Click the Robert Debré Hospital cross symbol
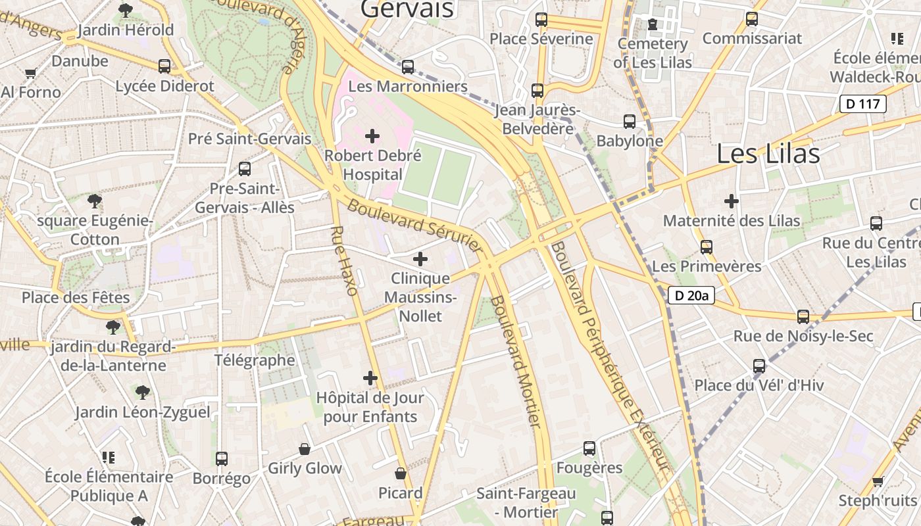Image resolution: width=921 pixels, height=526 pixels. (372, 136)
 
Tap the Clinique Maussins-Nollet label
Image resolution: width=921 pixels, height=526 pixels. (421, 297)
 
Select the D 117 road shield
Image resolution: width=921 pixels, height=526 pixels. (862, 104)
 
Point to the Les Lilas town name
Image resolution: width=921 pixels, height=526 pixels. (768, 154)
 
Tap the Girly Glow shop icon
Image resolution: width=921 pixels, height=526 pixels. (305, 449)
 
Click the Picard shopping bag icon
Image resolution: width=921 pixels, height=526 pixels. (400, 473)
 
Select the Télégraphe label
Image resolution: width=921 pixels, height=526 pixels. (255, 360)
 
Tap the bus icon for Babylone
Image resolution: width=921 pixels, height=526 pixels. (630, 122)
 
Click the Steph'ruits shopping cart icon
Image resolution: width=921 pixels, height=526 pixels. (878, 482)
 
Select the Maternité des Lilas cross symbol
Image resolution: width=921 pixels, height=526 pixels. (731, 201)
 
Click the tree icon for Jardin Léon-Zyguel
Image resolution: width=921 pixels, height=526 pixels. (142, 393)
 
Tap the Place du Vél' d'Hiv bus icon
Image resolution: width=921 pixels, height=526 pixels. (759, 366)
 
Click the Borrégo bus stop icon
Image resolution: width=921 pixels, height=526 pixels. (222, 459)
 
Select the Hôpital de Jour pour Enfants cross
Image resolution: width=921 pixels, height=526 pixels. (370, 378)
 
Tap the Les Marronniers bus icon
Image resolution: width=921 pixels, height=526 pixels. (408, 66)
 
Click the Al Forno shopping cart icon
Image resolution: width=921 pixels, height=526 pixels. (30, 74)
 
